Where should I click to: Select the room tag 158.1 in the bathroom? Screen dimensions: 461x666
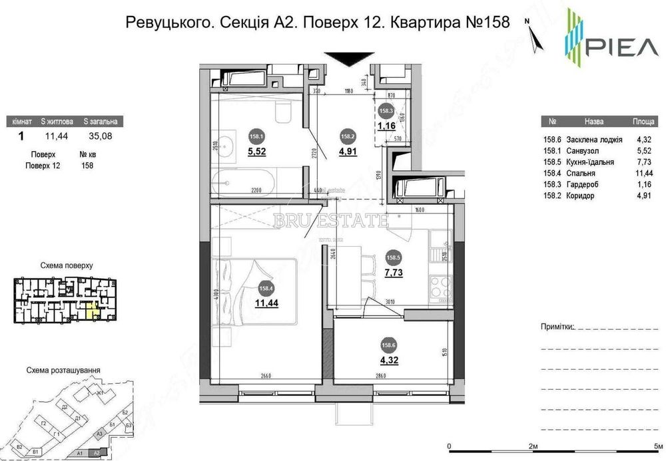pyautogui.click(x=255, y=138)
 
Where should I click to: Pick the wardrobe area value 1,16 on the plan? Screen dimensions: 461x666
pyautogui.click(x=387, y=125)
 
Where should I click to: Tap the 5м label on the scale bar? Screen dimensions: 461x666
pyautogui.click(x=659, y=444)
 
